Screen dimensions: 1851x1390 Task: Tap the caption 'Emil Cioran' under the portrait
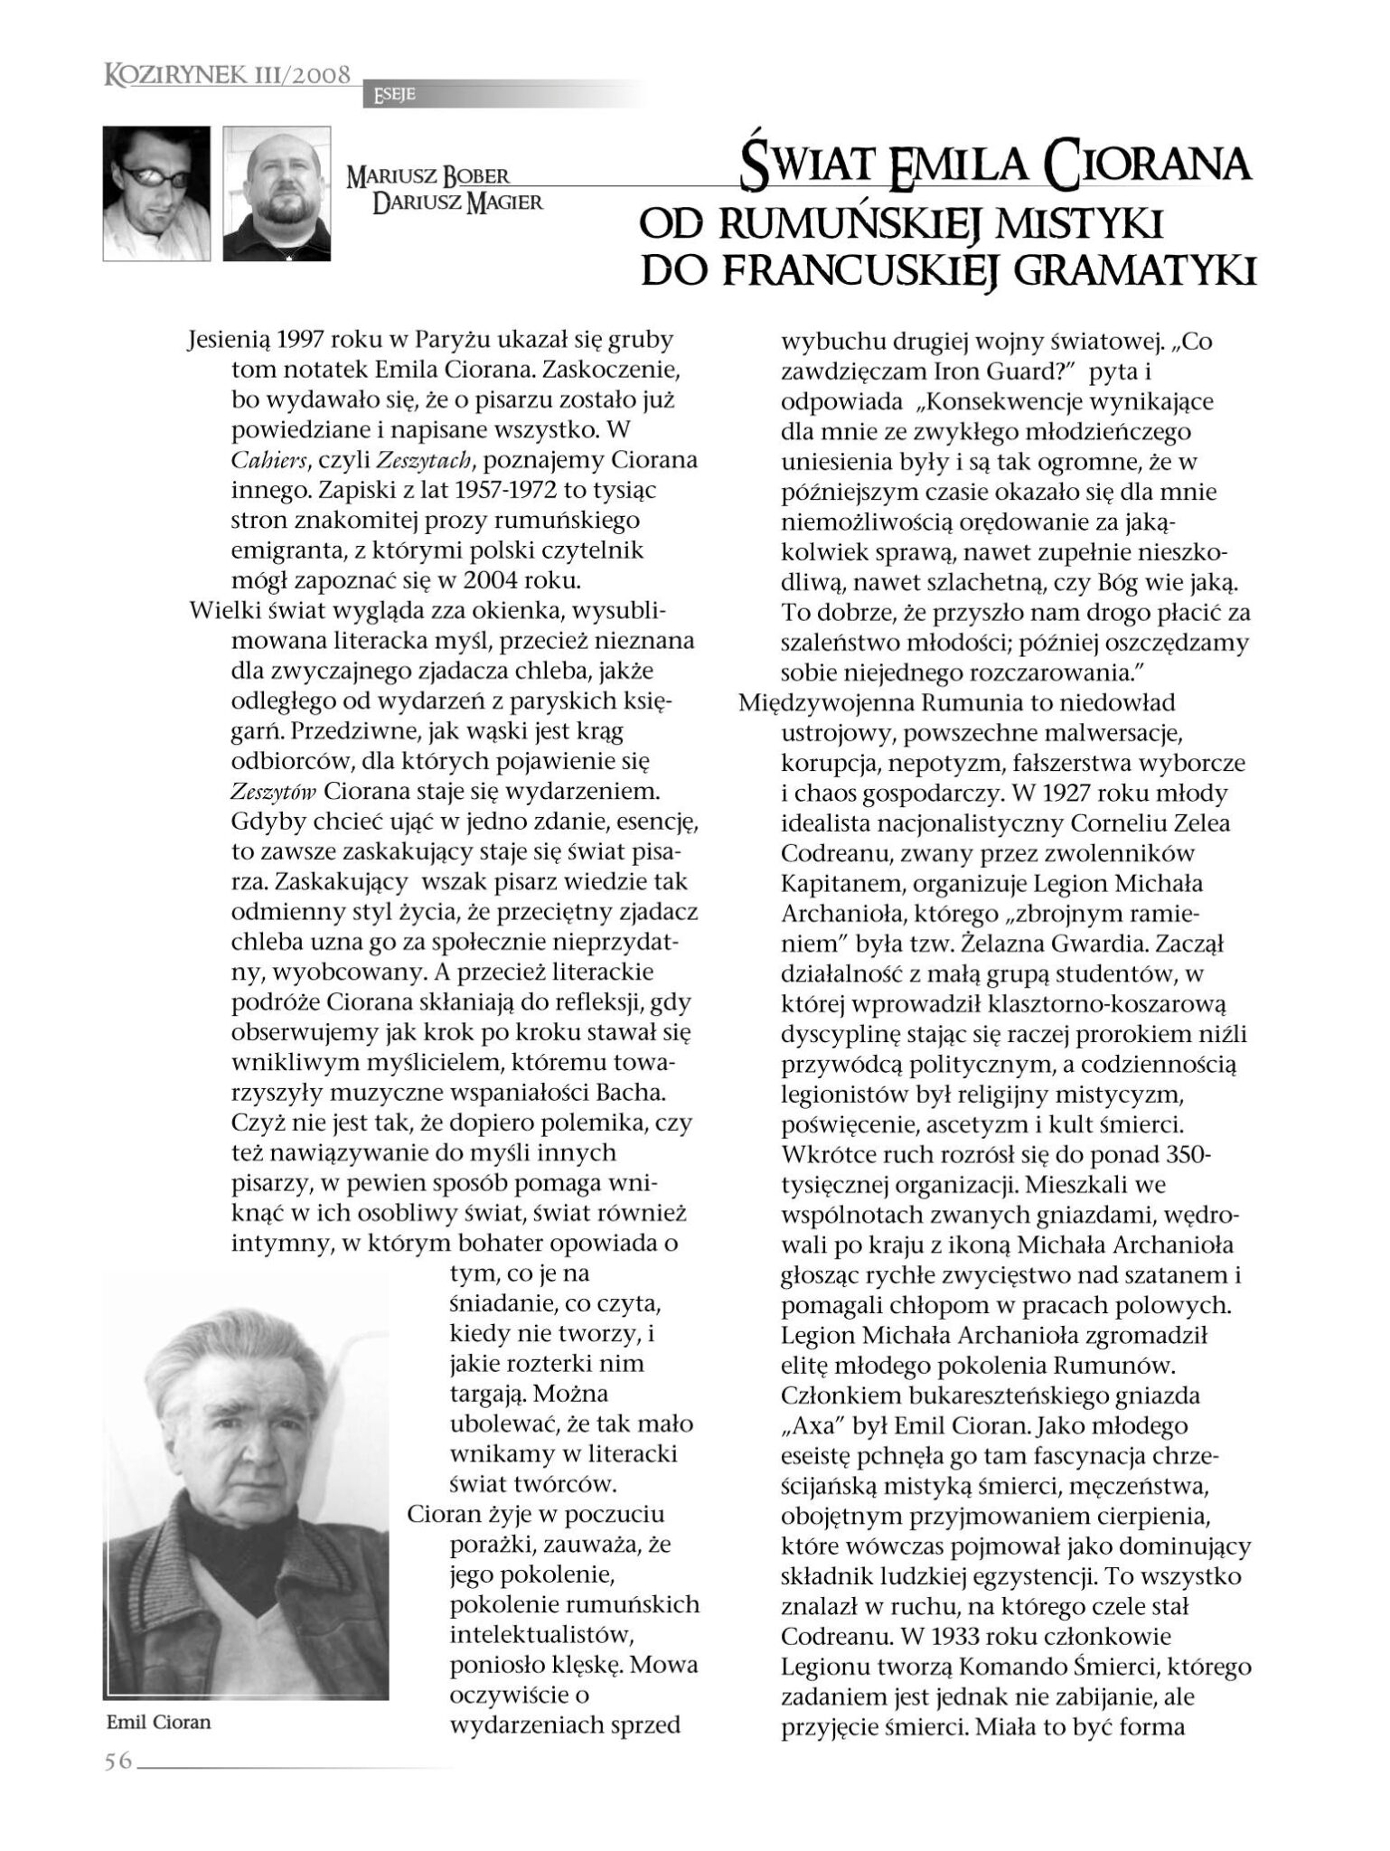click(x=158, y=1722)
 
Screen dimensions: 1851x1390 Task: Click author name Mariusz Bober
click(x=427, y=176)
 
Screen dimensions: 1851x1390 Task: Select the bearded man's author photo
click(x=277, y=193)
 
